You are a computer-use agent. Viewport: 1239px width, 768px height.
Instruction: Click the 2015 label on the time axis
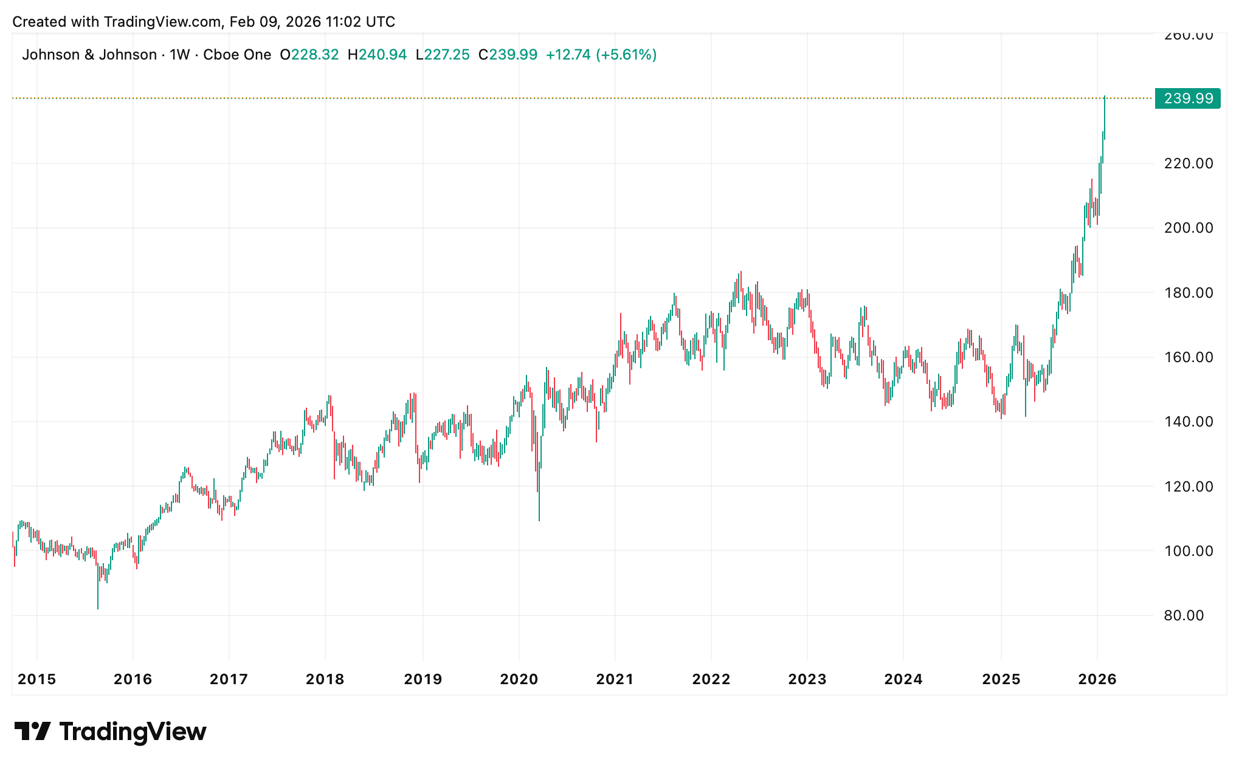[x=36, y=679]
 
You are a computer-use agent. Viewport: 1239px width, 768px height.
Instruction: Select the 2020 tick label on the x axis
[x=519, y=679]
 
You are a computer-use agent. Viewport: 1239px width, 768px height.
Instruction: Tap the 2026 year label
[x=1097, y=679]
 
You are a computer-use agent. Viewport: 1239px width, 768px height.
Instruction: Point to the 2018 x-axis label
[x=325, y=679]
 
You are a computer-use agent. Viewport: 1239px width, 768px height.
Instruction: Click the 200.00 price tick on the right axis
[x=1188, y=228]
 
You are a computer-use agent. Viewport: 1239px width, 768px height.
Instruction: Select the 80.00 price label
[x=1184, y=615]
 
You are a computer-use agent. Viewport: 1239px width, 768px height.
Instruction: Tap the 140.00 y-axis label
[x=1188, y=422]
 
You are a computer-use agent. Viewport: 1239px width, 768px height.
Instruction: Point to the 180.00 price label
[x=1188, y=293]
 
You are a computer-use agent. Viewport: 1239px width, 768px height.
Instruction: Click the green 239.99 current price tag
[x=1188, y=98]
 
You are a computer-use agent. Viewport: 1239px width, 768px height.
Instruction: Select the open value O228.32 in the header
[x=309, y=55]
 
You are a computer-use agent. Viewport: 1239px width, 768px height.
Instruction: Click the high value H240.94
[x=377, y=55]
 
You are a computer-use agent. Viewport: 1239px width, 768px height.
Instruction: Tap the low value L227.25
[x=443, y=55]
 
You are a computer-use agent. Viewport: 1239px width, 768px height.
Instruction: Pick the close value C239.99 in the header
[x=508, y=55]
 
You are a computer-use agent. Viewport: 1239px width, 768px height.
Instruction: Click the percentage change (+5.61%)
[x=626, y=55]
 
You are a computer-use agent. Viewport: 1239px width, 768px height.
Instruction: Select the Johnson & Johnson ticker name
[x=89, y=55]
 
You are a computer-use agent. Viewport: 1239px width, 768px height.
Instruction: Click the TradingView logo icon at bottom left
[x=33, y=731]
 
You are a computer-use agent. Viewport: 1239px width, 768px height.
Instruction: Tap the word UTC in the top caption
[x=381, y=22]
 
